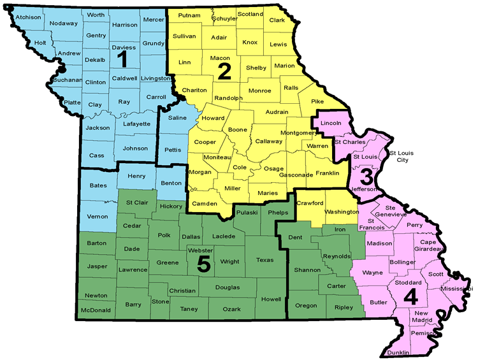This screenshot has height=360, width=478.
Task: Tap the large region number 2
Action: (x=224, y=71)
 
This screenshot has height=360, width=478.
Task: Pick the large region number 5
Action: (x=204, y=264)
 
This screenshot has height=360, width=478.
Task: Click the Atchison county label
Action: (x=28, y=17)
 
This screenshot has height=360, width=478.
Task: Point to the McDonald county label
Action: (x=96, y=310)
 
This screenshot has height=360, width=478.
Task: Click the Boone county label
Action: (x=238, y=130)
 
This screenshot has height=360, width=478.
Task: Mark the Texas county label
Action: (x=264, y=260)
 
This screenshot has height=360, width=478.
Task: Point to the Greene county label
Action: (x=168, y=263)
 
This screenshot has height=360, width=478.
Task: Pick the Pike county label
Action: (x=317, y=101)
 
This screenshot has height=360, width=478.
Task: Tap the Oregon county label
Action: (x=306, y=305)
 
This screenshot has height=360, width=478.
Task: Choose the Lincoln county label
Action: (x=331, y=122)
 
